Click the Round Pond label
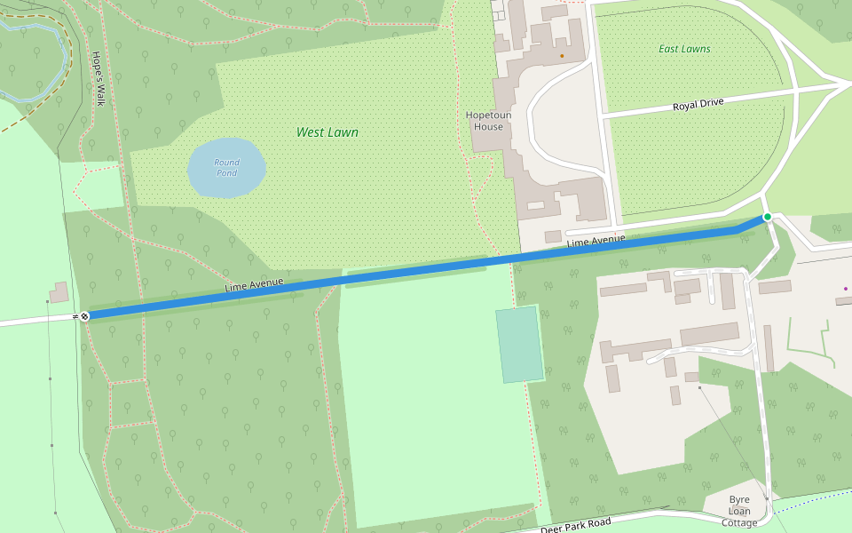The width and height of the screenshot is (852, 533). point(226,167)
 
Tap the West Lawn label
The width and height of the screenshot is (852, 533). point(327,132)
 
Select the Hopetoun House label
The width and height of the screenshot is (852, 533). point(485,121)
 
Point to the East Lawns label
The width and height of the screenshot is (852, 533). point(684,49)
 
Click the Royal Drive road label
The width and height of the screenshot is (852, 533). point(698,104)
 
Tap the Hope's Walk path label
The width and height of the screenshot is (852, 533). point(98,79)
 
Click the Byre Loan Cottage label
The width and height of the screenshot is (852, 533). point(738,511)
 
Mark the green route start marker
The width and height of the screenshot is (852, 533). point(768,217)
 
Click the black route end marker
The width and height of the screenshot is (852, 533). point(85,315)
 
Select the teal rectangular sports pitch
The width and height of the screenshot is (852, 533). point(519,345)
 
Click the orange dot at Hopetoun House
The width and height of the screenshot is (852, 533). point(561,56)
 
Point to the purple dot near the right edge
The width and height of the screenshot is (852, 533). point(845,289)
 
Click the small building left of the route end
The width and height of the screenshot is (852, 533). point(59,292)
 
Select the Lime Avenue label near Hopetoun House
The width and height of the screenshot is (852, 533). point(596,241)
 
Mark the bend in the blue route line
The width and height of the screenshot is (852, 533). point(738,231)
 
